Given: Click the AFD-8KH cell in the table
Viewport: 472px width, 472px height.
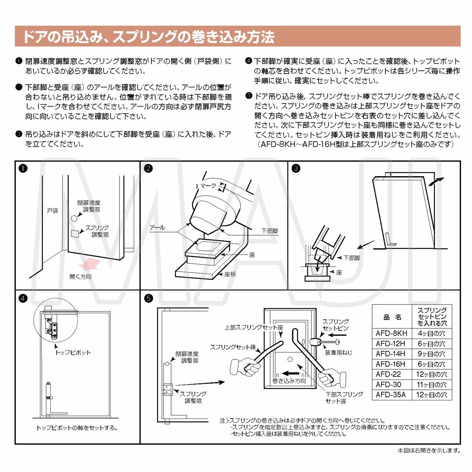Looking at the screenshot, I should click(391, 333).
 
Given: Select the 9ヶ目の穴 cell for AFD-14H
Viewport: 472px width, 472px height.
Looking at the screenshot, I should click(431, 354).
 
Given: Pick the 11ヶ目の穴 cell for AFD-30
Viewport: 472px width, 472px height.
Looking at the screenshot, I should click(431, 385).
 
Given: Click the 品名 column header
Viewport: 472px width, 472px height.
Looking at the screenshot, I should click(392, 317).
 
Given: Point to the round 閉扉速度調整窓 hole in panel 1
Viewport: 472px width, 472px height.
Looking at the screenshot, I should click(74, 218).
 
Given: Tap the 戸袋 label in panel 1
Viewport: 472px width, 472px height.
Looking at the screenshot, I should click(52, 210).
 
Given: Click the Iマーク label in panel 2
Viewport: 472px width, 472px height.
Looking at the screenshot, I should click(206, 186).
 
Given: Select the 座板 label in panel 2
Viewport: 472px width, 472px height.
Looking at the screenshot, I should click(230, 274).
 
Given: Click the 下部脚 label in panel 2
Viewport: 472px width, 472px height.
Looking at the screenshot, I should click(269, 231).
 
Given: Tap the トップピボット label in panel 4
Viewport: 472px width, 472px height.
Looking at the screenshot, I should click(73, 352).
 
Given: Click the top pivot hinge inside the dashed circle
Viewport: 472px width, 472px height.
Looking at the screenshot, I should click(52, 326).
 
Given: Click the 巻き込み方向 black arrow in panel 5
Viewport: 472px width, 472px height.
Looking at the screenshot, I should click(291, 373).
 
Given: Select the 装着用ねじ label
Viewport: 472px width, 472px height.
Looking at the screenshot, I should click(338, 352).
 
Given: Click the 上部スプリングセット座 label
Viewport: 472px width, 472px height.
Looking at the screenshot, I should click(254, 327).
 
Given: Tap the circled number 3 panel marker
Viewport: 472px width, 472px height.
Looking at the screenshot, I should click(296, 168).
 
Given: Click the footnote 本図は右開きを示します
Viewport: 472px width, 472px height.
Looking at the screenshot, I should click(429, 451).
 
